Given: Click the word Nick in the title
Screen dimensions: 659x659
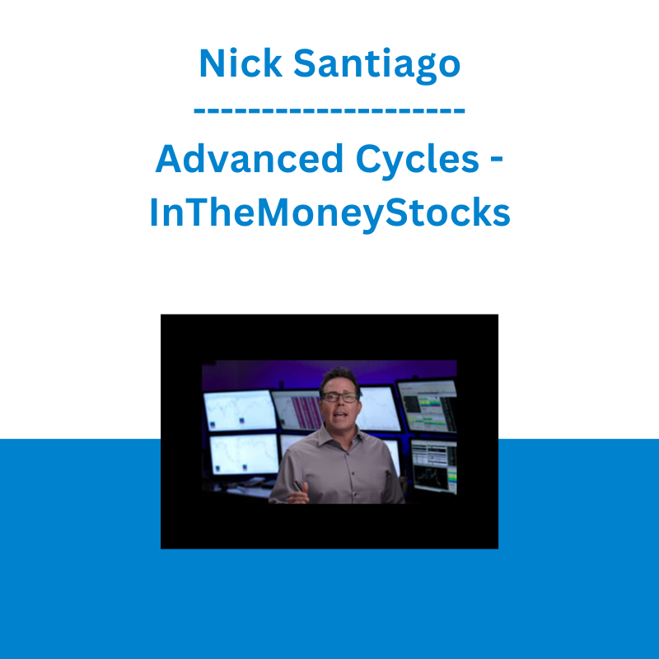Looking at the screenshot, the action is tap(241, 63).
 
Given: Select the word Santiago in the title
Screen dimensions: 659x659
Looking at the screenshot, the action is tap(377, 65).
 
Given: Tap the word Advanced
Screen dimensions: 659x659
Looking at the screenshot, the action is tap(250, 158).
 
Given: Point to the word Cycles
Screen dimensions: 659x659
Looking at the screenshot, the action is tap(418, 161).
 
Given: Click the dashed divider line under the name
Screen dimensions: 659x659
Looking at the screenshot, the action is tap(329, 111).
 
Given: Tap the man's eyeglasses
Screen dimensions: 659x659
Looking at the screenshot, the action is tap(340, 397).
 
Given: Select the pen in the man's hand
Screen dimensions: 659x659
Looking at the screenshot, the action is tap(298, 486).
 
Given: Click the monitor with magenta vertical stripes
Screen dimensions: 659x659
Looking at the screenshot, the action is tap(297, 409).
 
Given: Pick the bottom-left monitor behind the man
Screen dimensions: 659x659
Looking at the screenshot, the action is tap(244, 455).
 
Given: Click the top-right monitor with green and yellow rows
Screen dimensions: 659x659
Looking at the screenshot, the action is tap(428, 405).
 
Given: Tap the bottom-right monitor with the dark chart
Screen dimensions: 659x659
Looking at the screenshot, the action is tap(434, 465).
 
